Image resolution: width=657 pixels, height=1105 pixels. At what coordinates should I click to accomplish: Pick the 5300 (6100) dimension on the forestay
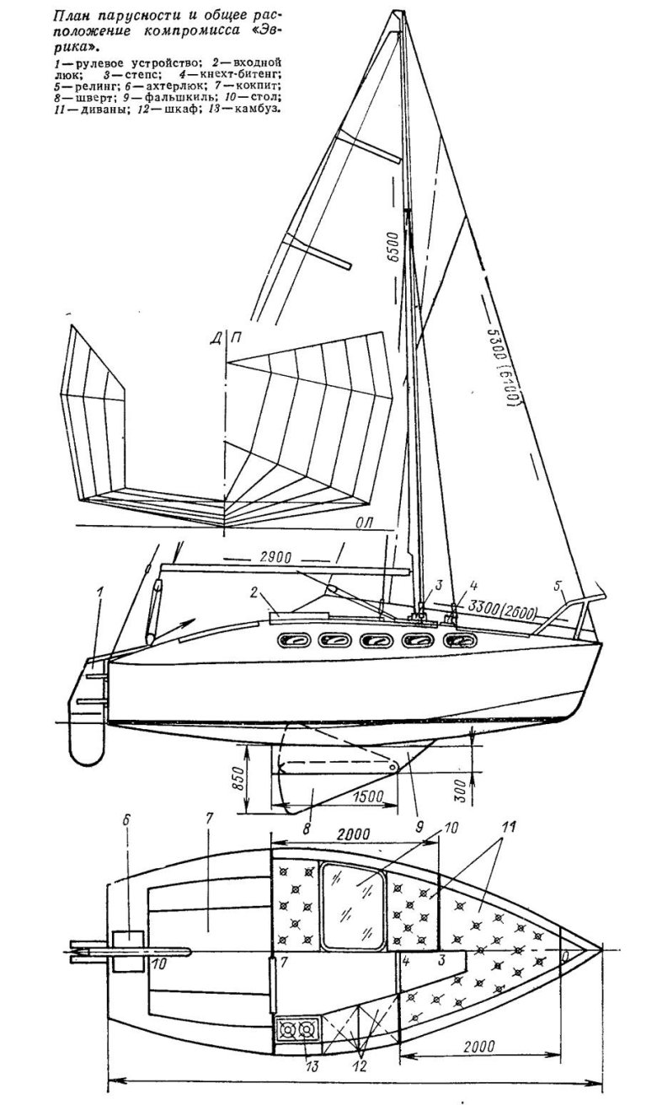click(x=503, y=367)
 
